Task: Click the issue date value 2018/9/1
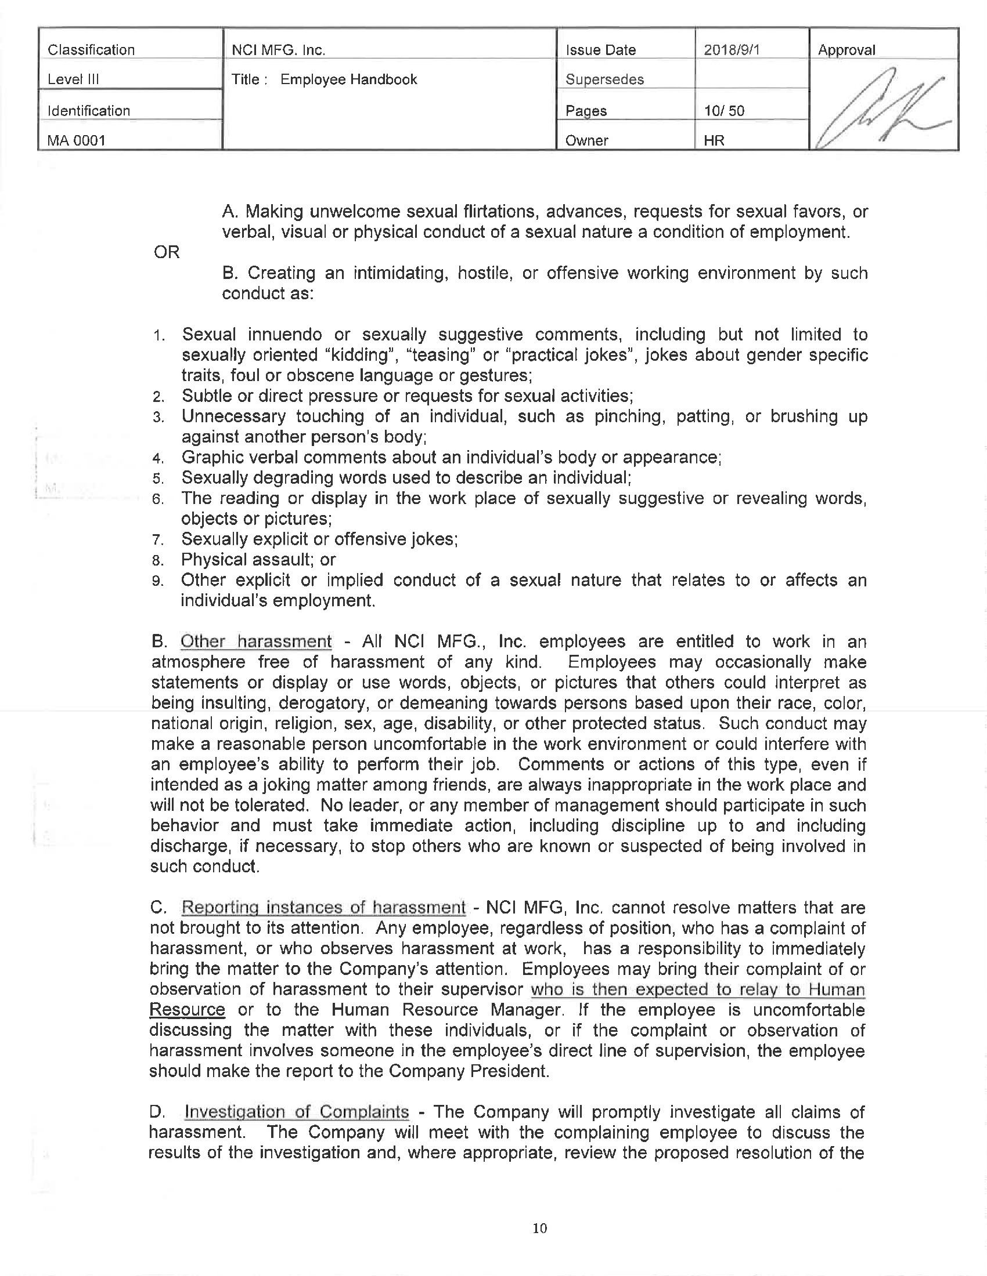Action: [x=732, y=50]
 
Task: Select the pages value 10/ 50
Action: [x=724, y=110]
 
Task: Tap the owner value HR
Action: [x=714, y=140]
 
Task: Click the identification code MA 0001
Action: [x=77, y=140]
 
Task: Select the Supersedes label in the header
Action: [x=604, y=79]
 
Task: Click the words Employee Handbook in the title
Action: [x=348, y=79]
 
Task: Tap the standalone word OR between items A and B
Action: [x=166, y=252]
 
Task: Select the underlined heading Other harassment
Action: [x=256, y=641]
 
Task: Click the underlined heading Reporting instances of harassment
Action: [x=324, y=907]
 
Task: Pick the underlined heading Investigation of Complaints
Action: [x=297, y=1112]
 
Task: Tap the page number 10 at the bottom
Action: [x=540, y=1228]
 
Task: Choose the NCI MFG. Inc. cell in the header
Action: [x=278, y=50]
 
